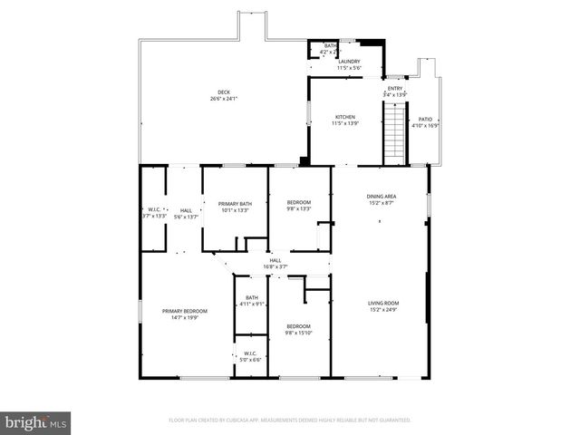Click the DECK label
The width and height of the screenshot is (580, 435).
coord(223,92)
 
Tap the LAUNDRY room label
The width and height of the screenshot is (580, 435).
coord(349,62)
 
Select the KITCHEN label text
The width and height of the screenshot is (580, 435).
coord(345,117)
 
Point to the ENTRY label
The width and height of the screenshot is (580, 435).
coord(395,88)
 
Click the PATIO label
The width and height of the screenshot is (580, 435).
coord(425,120)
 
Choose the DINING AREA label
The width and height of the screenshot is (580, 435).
coord(382,197)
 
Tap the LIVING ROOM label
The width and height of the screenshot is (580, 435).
coord(383,303)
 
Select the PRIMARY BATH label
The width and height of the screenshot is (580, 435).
coord(235,204)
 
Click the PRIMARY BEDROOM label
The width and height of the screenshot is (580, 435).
coord(185,311)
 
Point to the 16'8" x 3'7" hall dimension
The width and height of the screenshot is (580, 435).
coord(275,267)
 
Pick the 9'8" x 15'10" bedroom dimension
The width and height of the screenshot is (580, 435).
coord(299,333)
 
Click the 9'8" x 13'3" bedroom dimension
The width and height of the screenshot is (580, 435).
coord(299,209)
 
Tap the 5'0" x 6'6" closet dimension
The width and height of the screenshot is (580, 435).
coord(250,360)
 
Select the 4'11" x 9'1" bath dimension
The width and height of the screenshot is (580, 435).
coord(252,304)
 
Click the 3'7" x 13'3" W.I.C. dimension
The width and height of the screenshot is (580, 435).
coord(155,216)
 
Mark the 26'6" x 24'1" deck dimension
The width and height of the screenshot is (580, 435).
coord(223,99)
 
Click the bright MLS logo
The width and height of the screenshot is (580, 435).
coord(36,422)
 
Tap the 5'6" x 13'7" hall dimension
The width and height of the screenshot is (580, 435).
coord(186,216)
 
